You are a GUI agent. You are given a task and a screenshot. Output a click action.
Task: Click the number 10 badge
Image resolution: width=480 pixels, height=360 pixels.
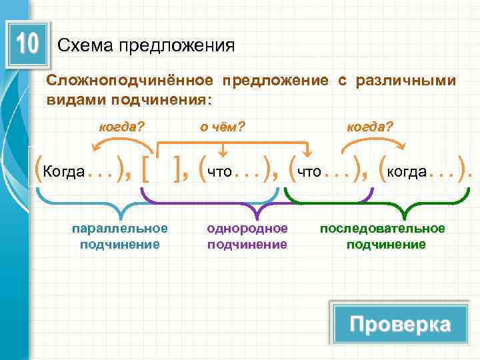(x=27, y=45)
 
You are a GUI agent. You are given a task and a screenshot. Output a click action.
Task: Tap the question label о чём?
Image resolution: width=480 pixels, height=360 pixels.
(x=223, y=125)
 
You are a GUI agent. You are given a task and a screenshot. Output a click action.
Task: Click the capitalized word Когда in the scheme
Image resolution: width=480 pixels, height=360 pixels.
(x=63, y=172)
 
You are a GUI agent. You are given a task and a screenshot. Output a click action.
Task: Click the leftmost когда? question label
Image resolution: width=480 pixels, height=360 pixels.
(x=122, y=125)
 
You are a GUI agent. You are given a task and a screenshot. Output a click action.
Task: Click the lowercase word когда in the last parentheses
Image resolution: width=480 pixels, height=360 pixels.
(x=407, y=172)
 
